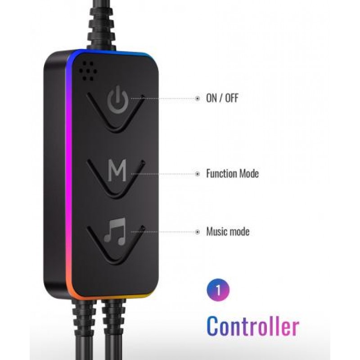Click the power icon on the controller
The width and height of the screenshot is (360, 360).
click(117, 99)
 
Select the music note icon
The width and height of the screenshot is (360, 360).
click(115, 231)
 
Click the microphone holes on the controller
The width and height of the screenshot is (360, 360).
click(88, 71)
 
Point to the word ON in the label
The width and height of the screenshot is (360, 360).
click(211, 98)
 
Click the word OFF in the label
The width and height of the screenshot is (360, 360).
click(232, 98)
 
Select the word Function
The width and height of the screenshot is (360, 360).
click(221, 173)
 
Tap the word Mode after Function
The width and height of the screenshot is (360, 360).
click(249, 173)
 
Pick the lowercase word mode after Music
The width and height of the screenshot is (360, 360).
click(239, 231)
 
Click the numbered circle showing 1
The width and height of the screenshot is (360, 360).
click(218, 290)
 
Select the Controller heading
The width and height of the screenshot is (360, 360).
click(253, 326)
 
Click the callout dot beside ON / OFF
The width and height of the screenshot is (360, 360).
click(197, 99)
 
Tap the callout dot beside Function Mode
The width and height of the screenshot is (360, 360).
click(197, 174)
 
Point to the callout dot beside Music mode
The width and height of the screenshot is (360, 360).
click(197, 232)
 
